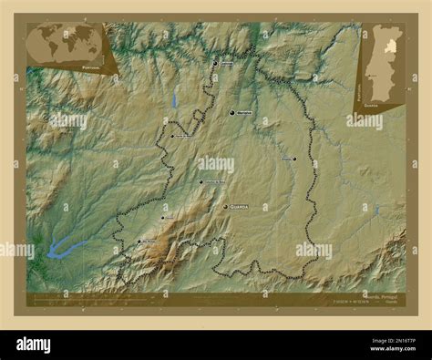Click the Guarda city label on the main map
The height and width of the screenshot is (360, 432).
(x=240, y=207)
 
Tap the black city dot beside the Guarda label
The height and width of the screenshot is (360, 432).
(x=225, y=207)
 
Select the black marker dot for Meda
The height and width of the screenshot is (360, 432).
(x=232, y=112)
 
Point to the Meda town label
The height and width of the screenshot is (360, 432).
(x=243, y=113)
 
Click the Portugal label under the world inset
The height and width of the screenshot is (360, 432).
(x=91, y=67)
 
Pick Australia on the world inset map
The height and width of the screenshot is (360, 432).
(x=90, y=51)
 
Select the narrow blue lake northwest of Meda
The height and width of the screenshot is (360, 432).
(x=173, y=98)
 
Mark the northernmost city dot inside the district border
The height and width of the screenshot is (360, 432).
(x=216, y=63)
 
